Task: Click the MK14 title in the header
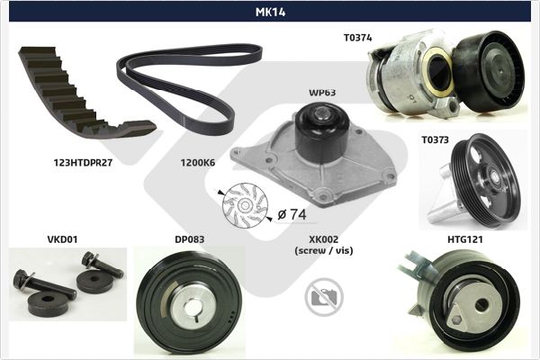270,12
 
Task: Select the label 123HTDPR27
83,163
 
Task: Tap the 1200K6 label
198,163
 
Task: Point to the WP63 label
322,93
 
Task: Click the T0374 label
358,38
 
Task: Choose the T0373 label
436,139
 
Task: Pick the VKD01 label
62,239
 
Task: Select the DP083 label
189,239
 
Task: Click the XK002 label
324,239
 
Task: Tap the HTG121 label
465,239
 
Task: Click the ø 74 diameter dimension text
292,214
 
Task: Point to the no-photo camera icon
324,297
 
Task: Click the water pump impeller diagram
245,205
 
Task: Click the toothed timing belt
84,95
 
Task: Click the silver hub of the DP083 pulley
192,306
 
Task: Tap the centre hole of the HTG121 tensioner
481,304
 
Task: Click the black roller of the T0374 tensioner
489,71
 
